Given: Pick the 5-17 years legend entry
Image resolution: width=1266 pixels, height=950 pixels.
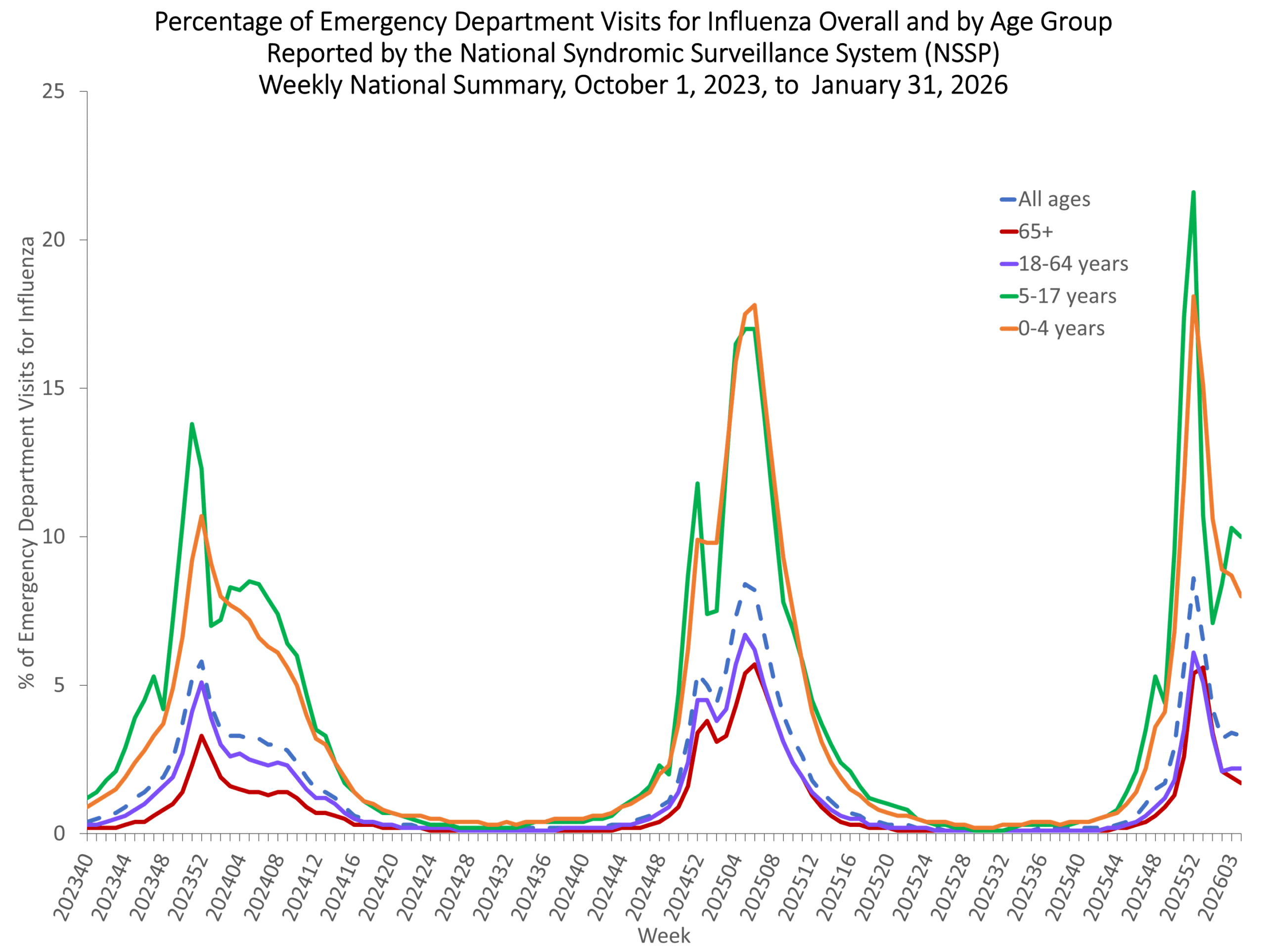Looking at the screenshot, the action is pos(1058,296).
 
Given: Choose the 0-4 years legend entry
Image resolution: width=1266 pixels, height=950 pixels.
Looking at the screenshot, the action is pos(1052,328).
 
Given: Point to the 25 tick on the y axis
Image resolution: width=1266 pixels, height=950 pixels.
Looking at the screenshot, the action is pos(53,91).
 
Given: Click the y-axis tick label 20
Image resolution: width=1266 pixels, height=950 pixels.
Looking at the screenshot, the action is pos(53,240).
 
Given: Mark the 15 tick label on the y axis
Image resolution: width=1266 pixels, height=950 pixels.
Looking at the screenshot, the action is pos(53,388).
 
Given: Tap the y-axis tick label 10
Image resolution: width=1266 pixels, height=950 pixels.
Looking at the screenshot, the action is pos(53,537).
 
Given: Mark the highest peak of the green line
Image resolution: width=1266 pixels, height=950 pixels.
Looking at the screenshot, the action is pos(1193,192).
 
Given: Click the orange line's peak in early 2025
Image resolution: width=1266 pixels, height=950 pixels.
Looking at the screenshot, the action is pos(754,305).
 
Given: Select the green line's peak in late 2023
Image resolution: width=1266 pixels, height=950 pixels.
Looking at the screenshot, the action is pos(192,425).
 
